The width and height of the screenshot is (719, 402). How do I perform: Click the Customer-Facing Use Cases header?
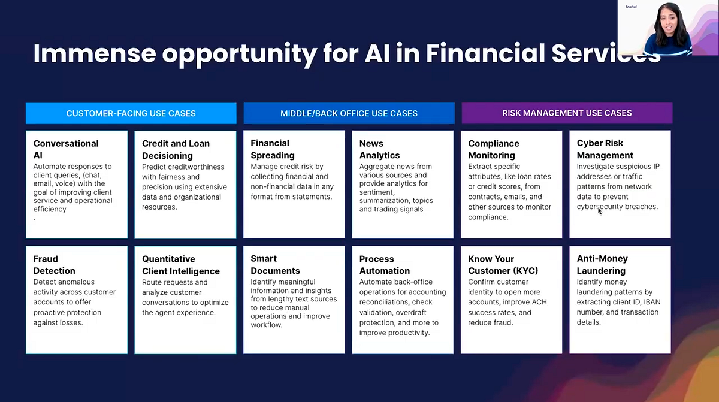tap(131, 113)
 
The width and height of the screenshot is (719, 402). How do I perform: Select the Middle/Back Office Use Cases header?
tap(349, 113)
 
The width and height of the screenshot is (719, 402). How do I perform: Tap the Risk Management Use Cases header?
tap(567, 113)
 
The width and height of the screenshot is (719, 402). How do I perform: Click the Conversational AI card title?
tap(66, 149)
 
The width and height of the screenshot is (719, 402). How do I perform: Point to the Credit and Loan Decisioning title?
tap(176, 150)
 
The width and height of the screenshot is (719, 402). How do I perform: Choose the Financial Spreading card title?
tap(273, 149)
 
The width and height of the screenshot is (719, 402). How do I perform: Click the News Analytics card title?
tap(379, 149)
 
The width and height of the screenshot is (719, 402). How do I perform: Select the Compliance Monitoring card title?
tap(493, 149)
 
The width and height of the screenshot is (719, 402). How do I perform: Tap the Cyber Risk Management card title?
tap(605, 149)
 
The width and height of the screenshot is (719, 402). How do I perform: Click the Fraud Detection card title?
tap(54, 265)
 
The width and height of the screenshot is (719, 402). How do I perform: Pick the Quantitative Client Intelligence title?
tap(181, 265)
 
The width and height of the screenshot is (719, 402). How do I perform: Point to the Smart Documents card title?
tap(275, 265)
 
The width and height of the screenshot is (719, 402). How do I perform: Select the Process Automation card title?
tap(385, 265)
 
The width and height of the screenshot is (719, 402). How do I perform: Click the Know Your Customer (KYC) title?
tap(503, 265)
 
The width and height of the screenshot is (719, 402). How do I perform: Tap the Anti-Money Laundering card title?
tap(602, 265)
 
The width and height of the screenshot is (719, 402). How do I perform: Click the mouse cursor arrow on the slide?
tap(600, 211)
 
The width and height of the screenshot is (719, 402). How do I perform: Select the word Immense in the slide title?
tap(95, 53)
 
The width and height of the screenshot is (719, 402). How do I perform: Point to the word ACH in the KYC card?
tap(539, 302)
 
